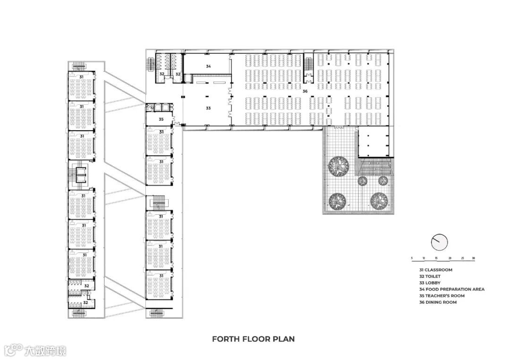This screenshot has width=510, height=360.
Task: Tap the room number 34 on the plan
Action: [x=209, y=66]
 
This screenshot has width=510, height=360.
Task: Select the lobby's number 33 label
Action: [x=208, y=108]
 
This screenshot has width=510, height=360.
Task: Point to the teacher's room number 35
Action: [x=161, y=119]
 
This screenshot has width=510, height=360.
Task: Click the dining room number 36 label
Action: [x=305, y=92]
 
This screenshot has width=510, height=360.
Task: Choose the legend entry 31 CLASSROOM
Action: [x=436, y=270]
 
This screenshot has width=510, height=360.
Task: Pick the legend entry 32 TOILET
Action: [x=430, y=276]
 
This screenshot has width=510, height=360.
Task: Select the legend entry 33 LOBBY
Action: [x=430, y=283]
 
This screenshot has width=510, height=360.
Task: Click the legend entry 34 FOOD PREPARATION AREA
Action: [x=452, y=289]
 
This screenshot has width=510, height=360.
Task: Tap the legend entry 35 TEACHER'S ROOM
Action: [x=442, y=296]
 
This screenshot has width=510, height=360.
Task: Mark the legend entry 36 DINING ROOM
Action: [x=438, y=302]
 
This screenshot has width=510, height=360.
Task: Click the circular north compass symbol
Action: [x=440, y=242]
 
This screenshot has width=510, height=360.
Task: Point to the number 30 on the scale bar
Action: [x=474, y=258]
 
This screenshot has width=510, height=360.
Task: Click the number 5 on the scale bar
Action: [x=412, y=258]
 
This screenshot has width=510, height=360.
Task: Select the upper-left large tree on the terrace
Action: [x=338, y=166]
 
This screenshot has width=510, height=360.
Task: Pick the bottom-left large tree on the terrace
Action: [x=338, y=202]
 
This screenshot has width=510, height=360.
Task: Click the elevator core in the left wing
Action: [x=80, y=175]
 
